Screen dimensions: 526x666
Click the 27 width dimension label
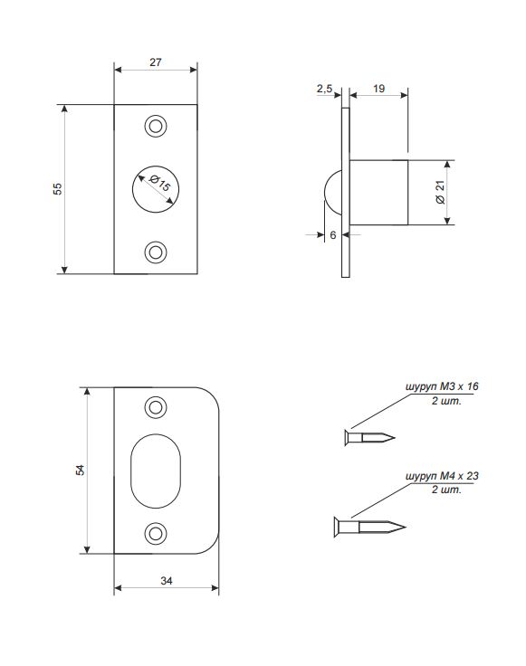[x=156, y=62]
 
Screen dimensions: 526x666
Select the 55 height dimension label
[x=57, y=189]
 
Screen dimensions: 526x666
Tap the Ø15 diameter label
[x=160, y=183]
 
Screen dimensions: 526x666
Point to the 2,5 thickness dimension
[x=324, y=89]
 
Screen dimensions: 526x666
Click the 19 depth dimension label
[x=378, y=89]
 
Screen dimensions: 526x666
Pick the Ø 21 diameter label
[x=441, y=192]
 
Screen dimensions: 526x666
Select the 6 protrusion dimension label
[x=333, y=235]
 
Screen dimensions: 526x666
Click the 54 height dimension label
[x=80, y=471]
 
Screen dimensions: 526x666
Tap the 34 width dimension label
[x=166, y=580]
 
